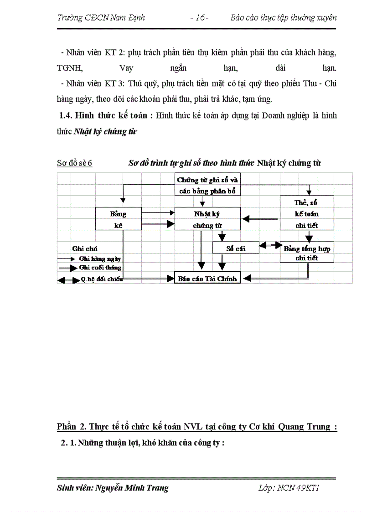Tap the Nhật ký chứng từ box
(x=207, y=219)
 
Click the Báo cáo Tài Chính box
(x=207, y=278)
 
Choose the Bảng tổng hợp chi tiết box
(x=307, y=253)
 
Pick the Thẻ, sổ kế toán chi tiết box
(x=306, y=213)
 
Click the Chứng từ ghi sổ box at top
(x=207, y=185)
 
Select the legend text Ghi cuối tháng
(x=100, y=268)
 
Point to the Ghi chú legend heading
(x=85, y=248)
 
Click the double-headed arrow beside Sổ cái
(x=270, y=245)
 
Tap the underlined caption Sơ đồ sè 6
(x=74, y=163)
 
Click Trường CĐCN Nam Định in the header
(x=101, y=18)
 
